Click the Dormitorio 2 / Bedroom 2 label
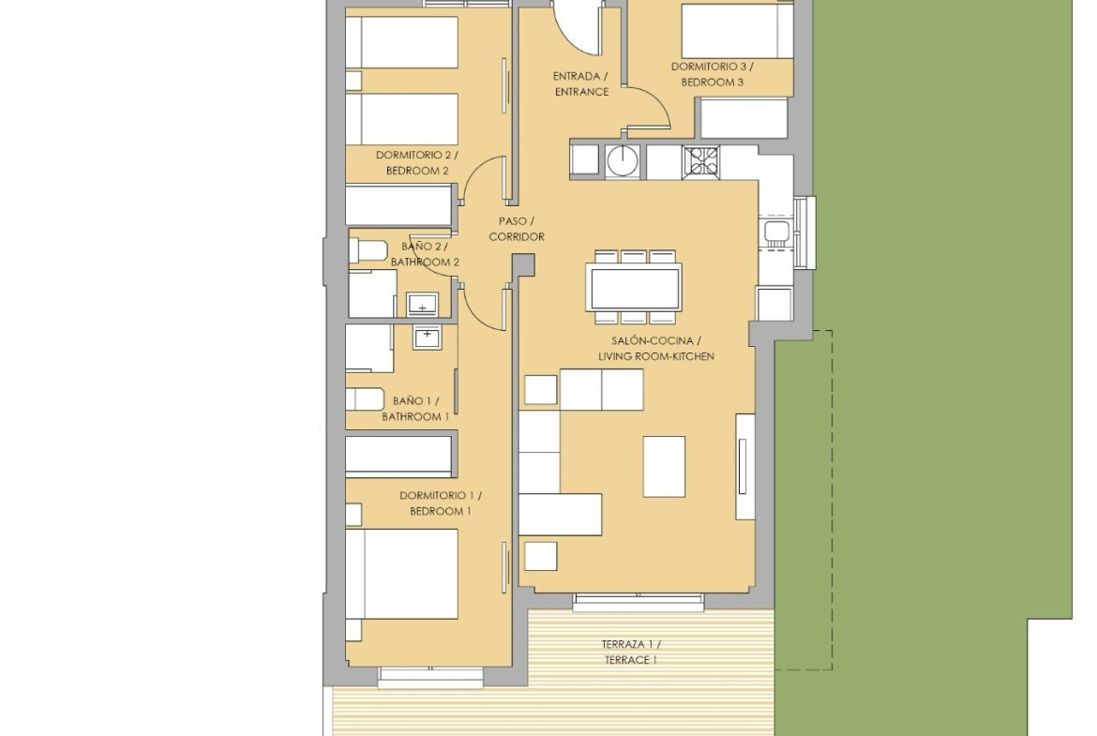coord(417,162)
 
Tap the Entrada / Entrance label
coord(580,84)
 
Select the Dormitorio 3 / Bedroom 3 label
coord(713,74)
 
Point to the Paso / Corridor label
coord(517,229)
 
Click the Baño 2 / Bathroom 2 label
coord(425,255)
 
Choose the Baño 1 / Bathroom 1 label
coord(415,409)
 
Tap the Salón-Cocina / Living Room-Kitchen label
coord(655,349)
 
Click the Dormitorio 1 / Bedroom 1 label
coord(441,503)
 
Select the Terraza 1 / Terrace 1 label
coord(630,652)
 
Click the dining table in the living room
coord(633,288)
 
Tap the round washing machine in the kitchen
coord(622,161)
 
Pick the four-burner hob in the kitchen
coord(701,161)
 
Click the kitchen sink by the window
coord(775,231)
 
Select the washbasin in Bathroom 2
coord(423,305)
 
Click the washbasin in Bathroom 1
coord(426,338)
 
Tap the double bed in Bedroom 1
coord(401,574)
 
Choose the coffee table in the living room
coord(664,467)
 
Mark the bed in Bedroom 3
coord(737,31)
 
